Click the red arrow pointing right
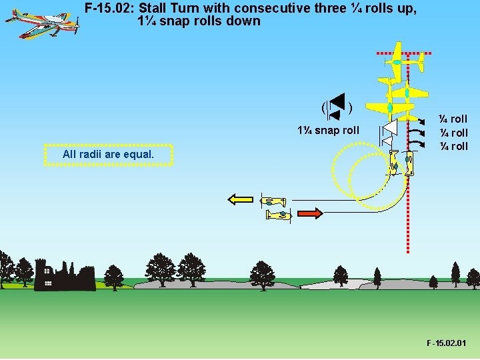[309, 213]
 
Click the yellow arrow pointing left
[241, 198]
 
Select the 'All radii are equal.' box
[108, 155]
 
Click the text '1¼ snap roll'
[328, 130]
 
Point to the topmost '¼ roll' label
[453, 119]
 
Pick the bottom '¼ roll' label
[453, 146]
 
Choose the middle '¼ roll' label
[453, 133]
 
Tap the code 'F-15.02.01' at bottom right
[446, 343]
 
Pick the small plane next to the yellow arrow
[273, 201]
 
